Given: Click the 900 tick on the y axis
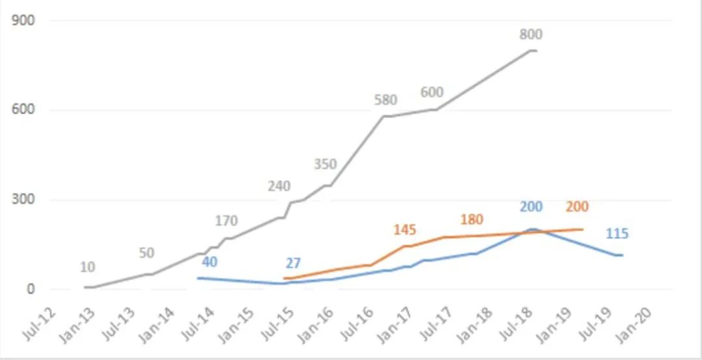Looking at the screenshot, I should [x=23, y=20].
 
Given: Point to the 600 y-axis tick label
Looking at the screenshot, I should [x=23, y=110].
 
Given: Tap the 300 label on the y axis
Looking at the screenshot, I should [x=23, y=199].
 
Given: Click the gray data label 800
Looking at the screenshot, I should [x=530, y=35].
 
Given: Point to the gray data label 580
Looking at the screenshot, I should [x=385, y=100].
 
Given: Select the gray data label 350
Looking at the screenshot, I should [x=325, y=164].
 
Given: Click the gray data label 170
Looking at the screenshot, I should [x=226, y=221].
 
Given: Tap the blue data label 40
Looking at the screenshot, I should [x=209, y=263].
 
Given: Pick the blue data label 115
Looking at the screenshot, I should [x=617, y=234].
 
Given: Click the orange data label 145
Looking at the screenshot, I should [x=404, y=229].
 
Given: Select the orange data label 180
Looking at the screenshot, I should [x=471, y=220].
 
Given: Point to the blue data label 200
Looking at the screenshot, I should [x=531, y=207].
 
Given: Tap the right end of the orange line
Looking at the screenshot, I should [x=582, y=229].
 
